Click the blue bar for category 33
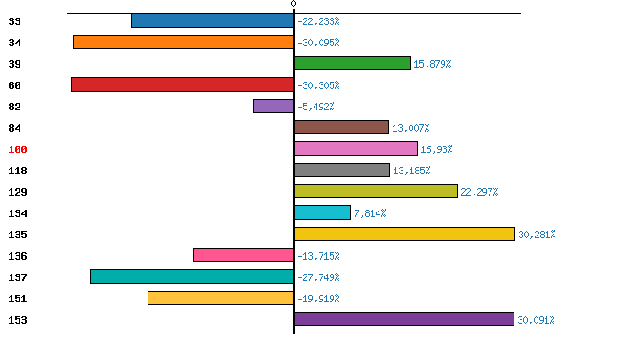[212, 20]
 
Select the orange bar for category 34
[183, 42]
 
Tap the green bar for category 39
[352, 63]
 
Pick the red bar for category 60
[182, 84]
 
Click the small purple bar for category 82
[274, 106]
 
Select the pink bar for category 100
[355, 148]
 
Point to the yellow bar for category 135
[404, 234]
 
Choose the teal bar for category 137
[192, 276]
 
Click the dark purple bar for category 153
[404, 319]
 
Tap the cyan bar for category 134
[323, 212]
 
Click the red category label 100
[18, 149]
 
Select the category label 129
[18, 192]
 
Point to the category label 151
[18, 299]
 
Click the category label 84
[14, 128]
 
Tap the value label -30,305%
[318, 85]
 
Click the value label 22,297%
[479, 192]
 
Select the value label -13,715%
[318, 256]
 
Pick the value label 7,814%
[370, 213]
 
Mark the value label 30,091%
[536, 320]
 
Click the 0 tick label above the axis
[294, 4]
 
